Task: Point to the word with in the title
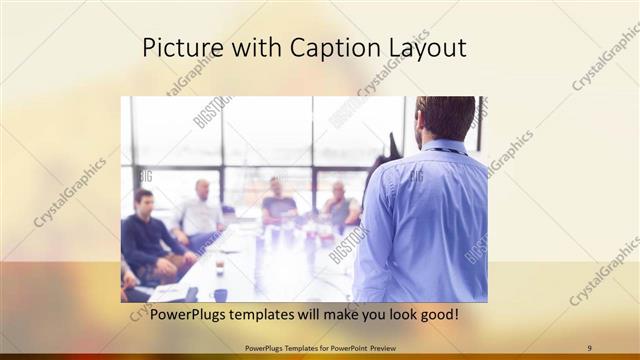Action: point(251,47)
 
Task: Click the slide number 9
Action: point(590,348)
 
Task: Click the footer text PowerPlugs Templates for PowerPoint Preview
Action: point(320,348)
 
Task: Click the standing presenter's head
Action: point(445,118)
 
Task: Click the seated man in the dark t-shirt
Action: point(277,204)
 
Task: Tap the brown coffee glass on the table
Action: point(219,268)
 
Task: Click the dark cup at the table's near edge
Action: point(220,294)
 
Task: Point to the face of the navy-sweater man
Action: point(144,202)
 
